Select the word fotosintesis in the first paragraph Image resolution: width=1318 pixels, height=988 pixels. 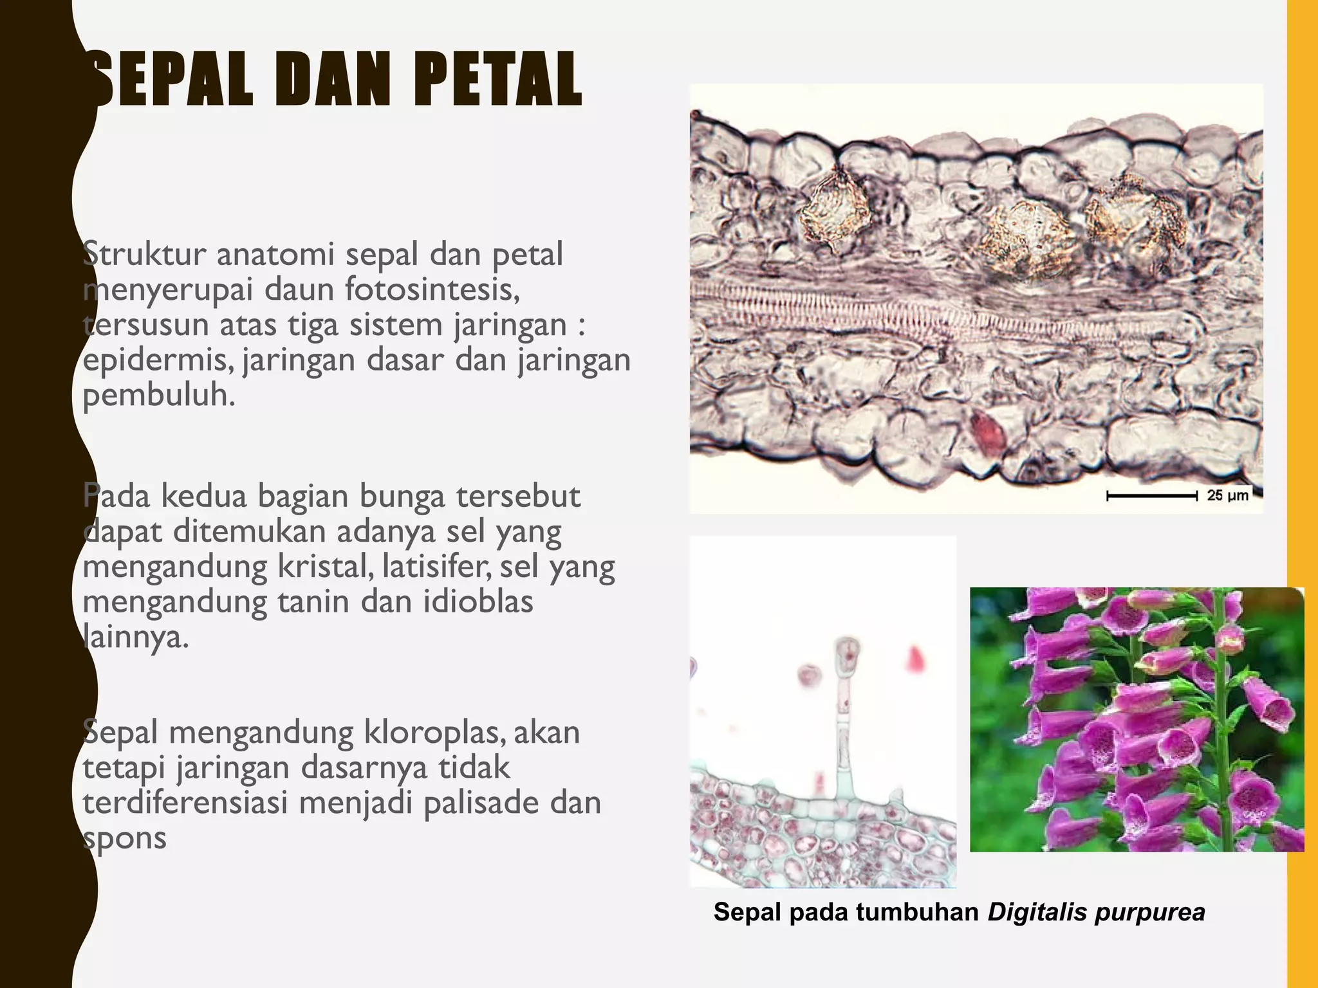tap(432, 290)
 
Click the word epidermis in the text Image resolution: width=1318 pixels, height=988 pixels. tap(158, 360)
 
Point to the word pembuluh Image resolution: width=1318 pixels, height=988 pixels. tap(158, 395)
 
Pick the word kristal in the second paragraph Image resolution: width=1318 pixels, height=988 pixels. tap(326, 567)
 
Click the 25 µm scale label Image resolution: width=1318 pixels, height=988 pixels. tap(1227, 495)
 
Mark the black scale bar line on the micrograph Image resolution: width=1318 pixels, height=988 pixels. tap(1151, 496)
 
